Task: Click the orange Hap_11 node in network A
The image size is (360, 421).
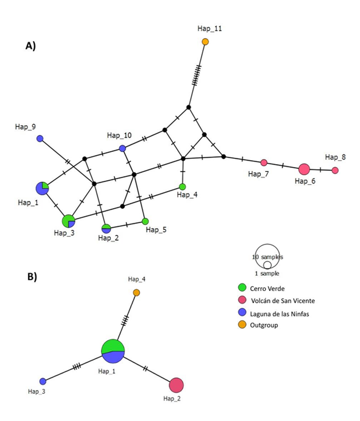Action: click(206, 42)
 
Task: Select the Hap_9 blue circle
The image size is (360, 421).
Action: click(40, 139)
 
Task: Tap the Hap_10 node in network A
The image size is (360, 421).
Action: click(123, 148)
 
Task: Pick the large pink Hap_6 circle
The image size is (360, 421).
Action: click(304, 169)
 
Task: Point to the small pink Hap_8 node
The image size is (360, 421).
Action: click(335, 170)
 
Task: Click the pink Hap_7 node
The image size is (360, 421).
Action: click(264, 162)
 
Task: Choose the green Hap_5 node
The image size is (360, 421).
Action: click(145, 221)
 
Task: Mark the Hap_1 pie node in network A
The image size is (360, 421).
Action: click(42, 188)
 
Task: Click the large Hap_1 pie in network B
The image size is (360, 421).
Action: click(113, 351)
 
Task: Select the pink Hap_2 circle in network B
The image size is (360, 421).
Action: click(176, 385)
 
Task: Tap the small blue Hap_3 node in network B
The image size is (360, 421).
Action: click(42, 381)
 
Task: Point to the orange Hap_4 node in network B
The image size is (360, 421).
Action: click(137, 293)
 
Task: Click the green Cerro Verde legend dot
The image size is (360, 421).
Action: click(242, 287)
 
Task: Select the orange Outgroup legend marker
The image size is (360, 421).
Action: click(242, 325)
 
